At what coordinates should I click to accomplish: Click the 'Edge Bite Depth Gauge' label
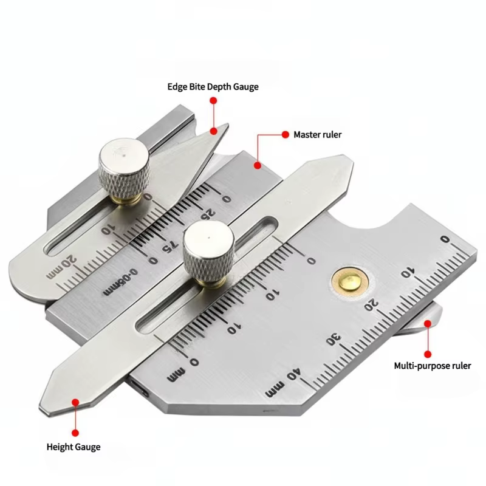213,87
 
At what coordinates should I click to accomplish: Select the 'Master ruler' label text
318,135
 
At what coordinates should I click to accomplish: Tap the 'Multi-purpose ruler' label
433,366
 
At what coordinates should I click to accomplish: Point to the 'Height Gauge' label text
74,447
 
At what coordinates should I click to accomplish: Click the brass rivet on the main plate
350,282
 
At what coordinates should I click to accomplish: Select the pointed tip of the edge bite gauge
227,125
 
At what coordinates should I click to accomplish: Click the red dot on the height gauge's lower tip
75,402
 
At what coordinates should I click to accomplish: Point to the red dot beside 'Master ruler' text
286,134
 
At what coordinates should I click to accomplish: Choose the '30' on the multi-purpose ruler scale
334,339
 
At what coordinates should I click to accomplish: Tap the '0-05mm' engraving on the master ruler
120,282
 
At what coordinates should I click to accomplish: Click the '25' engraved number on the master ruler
208,214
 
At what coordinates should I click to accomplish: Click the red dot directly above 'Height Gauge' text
75,433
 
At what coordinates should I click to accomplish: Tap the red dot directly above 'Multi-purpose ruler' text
428,354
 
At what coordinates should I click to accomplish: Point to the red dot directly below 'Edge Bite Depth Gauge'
213,100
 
